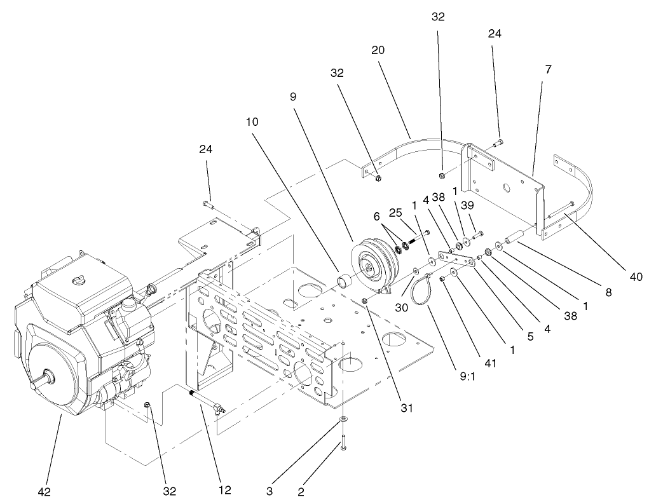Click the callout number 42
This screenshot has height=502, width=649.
44,491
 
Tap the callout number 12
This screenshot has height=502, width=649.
224,490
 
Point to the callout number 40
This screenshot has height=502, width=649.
636,276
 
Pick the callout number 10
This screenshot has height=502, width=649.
252,121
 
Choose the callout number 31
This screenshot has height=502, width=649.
406,408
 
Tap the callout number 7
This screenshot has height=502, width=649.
548,69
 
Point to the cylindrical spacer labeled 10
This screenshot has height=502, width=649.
343,279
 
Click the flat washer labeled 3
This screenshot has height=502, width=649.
343,420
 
